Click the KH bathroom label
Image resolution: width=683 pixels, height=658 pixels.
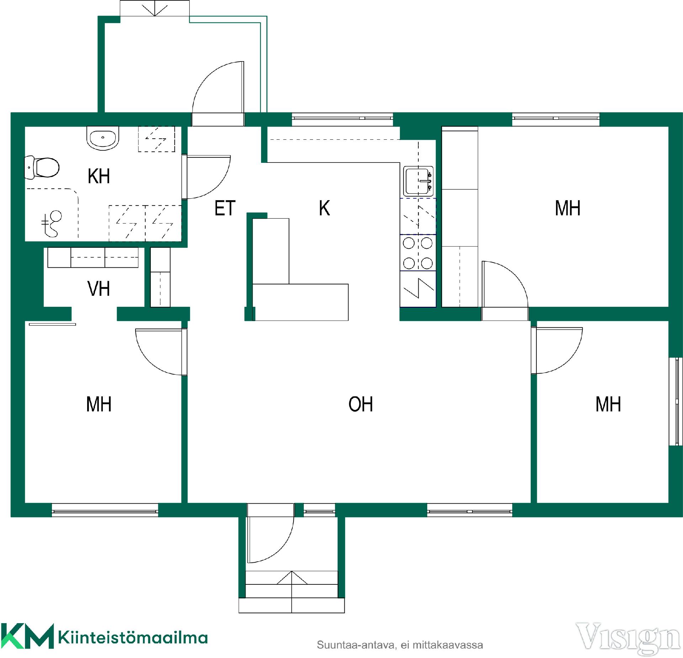point(99,176)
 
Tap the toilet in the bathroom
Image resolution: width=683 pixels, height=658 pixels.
point(42,167)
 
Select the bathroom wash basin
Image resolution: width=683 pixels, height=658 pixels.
point(103,138)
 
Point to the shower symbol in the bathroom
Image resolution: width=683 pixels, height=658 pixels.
point(51,224)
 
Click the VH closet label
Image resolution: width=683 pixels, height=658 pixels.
point(99,289)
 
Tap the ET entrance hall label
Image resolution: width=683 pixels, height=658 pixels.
point(225,208)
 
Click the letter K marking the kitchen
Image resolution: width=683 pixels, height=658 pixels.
point(324,208)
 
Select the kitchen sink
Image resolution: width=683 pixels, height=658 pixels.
point(418,181)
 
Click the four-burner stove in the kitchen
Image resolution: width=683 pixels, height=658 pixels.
point(418,253)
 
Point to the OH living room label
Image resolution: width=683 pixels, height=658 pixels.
point(361,404)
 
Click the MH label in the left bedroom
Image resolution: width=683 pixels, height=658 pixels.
point(99,404)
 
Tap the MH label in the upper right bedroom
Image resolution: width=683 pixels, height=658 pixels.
point(568,208)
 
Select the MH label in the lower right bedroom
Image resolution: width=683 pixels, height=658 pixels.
point(608,404)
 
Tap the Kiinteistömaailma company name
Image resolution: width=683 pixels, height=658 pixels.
point(133,638)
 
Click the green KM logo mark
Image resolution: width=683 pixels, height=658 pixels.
point(27,636)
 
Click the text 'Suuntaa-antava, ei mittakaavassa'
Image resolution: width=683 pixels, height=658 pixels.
point(400,645)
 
